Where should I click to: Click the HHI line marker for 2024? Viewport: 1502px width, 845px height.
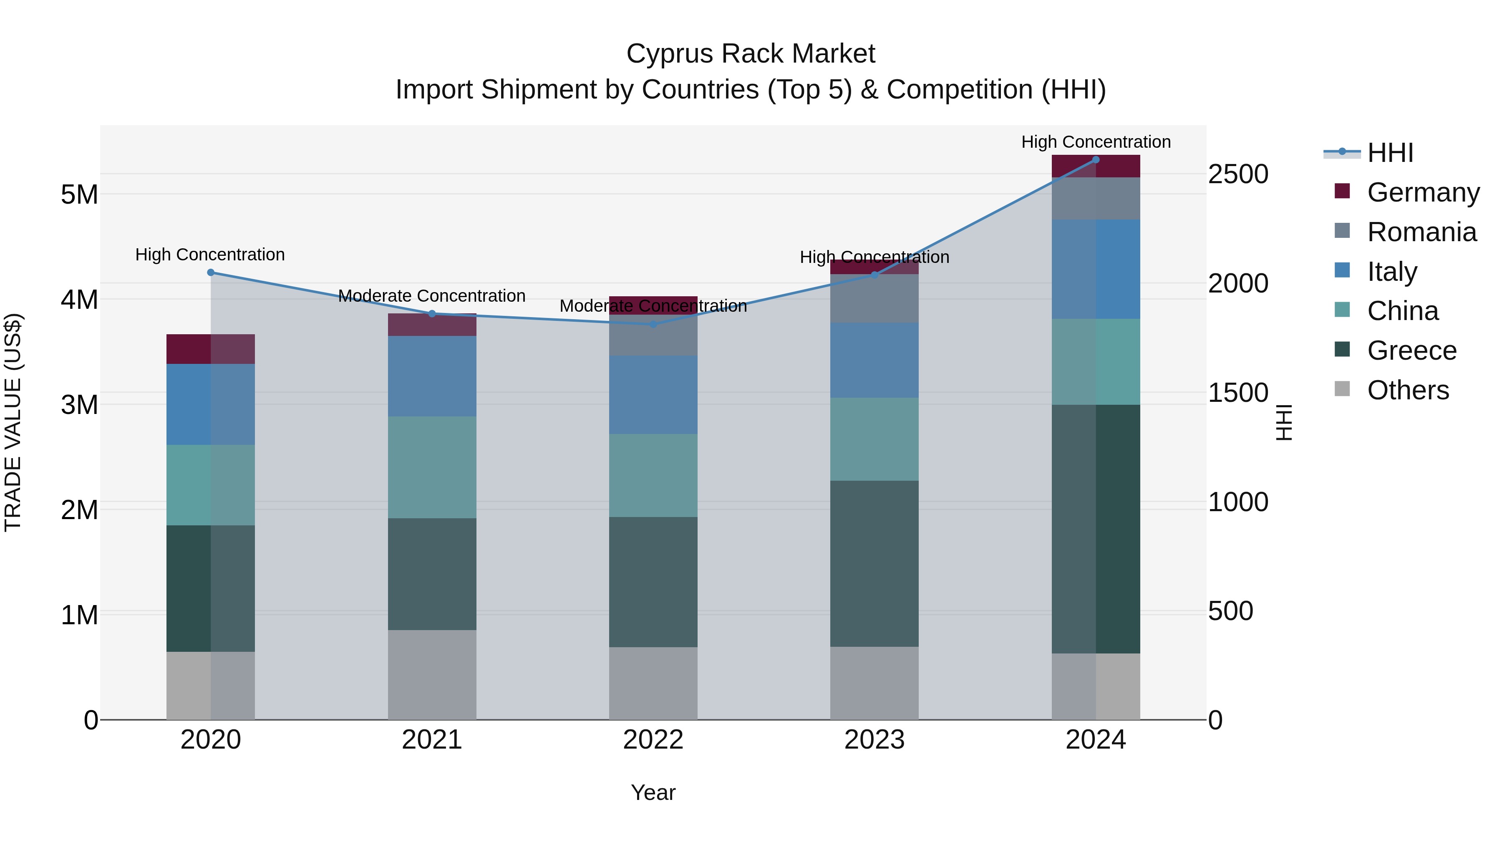coord(1096,160)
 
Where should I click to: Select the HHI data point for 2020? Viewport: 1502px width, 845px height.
coord(211,272)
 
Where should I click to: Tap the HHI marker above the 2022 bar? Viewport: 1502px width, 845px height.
coord(653,324)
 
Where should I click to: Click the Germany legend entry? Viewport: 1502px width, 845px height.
coord(1423,192)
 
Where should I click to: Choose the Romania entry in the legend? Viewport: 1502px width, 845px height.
coord(1421,232)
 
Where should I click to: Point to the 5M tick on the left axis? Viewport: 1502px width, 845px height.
coord(80,195)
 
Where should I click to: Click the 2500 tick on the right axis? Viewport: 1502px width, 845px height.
coord(1238,174)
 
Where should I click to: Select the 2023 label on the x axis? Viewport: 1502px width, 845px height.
coord(874,740)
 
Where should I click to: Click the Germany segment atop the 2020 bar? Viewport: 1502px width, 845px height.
coord(211,349)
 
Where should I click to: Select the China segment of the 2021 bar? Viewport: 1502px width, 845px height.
coord(432,467)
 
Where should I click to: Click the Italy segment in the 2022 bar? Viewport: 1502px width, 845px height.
coord(653,395)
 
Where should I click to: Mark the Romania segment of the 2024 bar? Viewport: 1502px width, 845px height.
coord(1096,198)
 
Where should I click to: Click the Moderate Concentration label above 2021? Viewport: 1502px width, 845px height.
coord(432,296)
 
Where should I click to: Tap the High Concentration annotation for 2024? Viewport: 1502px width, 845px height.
coord(1096,142)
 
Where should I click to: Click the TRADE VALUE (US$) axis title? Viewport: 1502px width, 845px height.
coord(13,422)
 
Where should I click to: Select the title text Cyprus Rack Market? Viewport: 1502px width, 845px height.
coord(751,54)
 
